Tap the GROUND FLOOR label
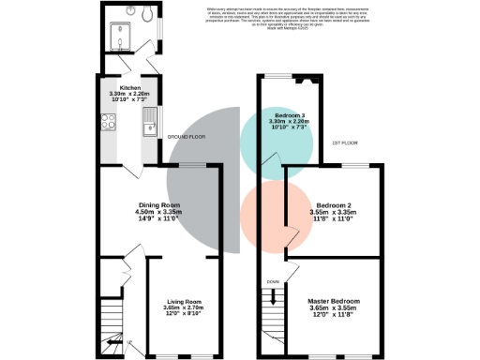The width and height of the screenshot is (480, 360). [x=187, y=138]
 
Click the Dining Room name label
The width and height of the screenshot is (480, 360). [x=157, y=204]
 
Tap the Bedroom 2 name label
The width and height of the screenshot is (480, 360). [x=334, y=204]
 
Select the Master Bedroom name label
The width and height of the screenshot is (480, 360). [x=334, y=301]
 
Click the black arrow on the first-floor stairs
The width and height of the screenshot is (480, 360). [x=274, y=298]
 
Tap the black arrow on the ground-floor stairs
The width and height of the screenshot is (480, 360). [x=114, y=344]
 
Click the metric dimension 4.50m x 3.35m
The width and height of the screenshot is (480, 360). [x=157, y=212]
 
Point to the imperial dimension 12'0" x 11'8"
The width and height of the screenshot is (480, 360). [x=334, y=316]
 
